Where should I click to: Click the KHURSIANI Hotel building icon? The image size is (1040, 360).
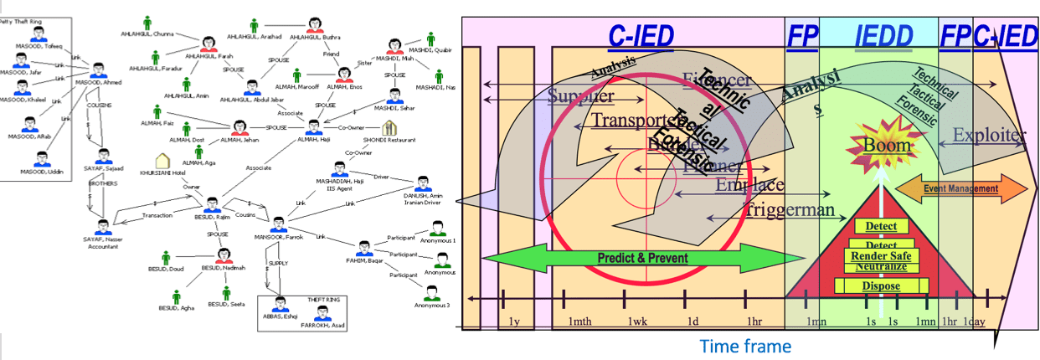(162, 161)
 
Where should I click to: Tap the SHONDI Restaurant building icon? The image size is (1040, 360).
(389, 128)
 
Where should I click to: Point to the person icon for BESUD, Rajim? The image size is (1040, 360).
(212, 205)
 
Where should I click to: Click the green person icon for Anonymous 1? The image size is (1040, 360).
(435, 229)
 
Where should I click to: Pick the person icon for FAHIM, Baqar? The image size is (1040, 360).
(364, 248)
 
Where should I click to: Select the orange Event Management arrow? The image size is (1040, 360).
(961, 188)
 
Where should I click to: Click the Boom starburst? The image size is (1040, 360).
(887, 144)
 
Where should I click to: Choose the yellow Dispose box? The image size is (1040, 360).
(880, 286)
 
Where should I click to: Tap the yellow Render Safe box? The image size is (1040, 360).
(880, 255)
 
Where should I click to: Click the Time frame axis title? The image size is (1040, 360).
(744, 345)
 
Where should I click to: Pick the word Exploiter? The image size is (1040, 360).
(988, 134)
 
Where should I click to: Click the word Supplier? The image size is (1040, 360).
(580, 96)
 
